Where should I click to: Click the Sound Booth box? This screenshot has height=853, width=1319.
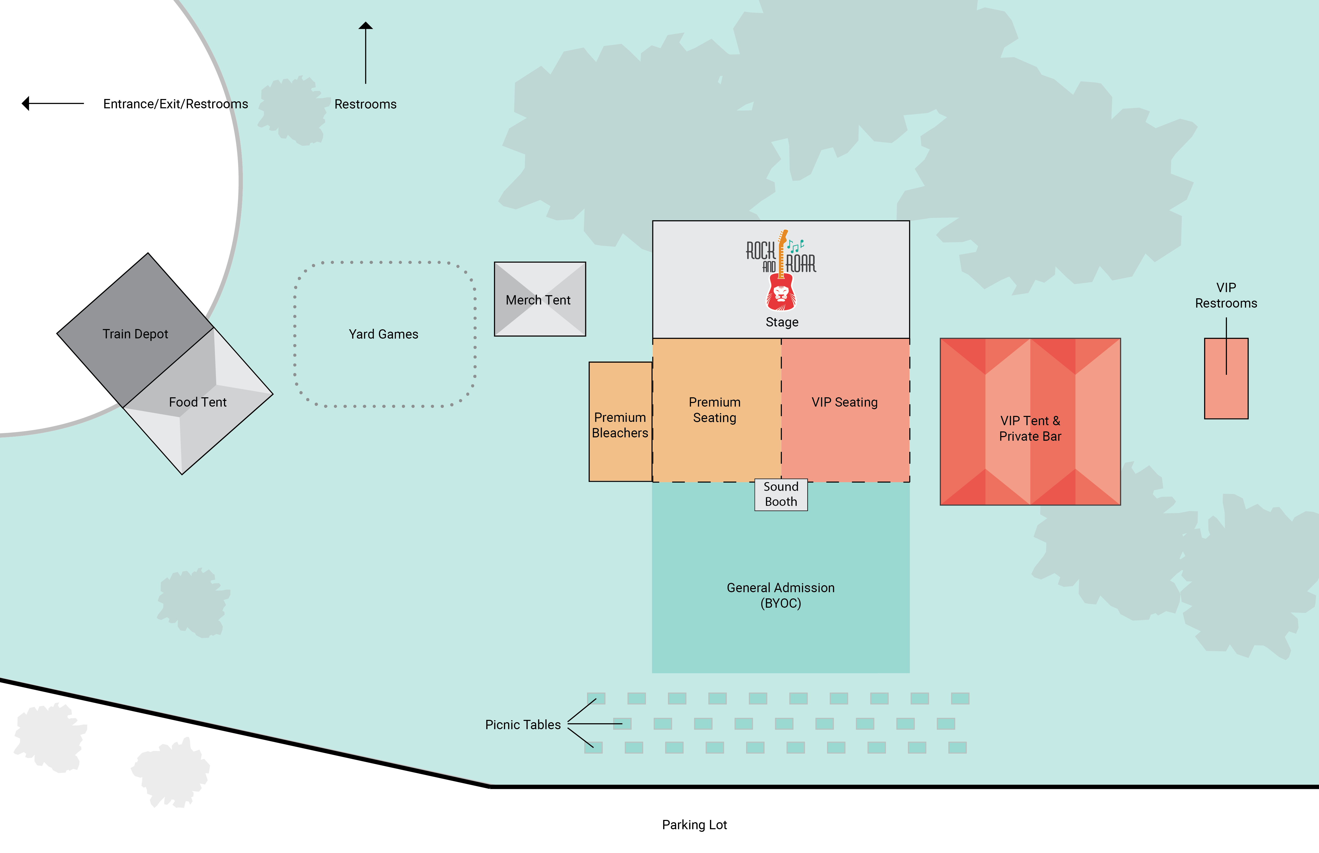click(781, 494)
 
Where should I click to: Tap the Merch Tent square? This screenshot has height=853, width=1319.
click(540, 299)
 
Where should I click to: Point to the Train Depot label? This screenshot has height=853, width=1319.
click(135, 334)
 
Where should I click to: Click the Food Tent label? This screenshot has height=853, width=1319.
click(198, 402)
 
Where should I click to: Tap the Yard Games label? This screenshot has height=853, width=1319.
click(384, 334)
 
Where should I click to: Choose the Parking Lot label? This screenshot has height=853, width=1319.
click(694, 825)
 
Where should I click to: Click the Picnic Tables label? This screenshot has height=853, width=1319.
click(523, 725)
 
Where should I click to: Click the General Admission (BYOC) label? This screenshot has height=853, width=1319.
click(780, 596)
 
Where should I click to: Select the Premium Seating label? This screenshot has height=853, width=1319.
click(714, 410)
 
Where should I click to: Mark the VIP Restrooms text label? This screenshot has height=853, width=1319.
click(1226, 295)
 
